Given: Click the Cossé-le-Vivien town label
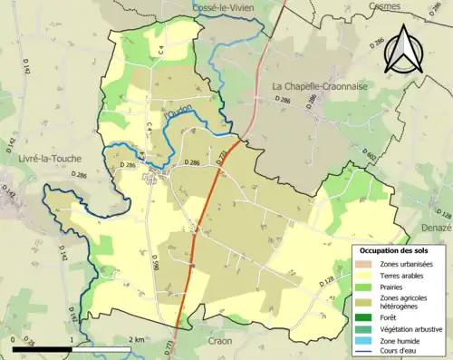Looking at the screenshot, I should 223,7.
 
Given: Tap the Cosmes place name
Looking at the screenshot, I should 385,5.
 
